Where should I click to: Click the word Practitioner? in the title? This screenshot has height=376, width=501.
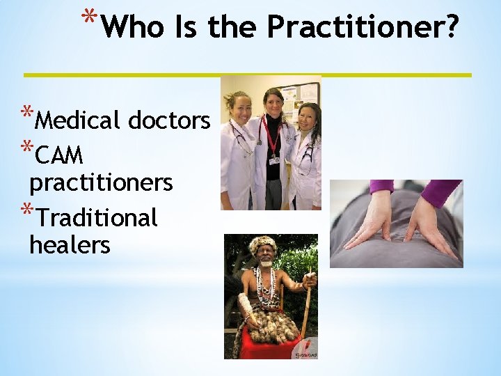pos(363,27)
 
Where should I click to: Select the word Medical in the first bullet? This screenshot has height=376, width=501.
pos(78,120)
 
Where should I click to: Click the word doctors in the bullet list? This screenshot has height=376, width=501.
pos(169,120)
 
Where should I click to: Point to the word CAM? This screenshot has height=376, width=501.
pos(60,153)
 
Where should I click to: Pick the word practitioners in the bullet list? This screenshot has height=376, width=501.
pos(101,182)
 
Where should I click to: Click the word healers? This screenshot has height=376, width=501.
pos(70,244)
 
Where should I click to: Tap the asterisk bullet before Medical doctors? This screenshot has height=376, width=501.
pos(26,113)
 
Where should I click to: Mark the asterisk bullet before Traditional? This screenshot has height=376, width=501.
pos(26,210)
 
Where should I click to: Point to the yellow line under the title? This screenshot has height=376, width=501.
pos(247,75)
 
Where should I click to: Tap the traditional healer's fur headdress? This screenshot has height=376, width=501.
pos(262,244)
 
